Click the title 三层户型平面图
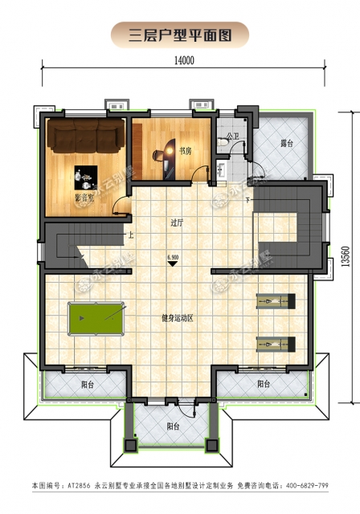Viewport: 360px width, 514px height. click(179, 35)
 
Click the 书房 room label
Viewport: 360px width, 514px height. click(185, 150)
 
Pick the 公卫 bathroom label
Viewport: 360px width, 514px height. click(232, 137)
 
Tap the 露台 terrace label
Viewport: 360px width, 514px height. click(286, 145)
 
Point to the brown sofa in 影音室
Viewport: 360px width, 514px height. click(85, 138)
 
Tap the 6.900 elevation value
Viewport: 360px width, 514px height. click(172, 257)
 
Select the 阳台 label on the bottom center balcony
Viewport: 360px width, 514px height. click(173, 426)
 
